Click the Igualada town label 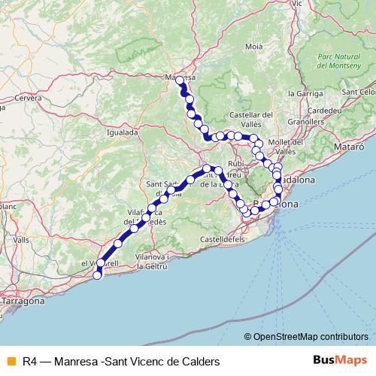coord(123,132)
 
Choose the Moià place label coord(254,47)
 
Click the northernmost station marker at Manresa coord(180,79)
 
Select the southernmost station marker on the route coord(96,275)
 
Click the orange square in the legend coord(10,361)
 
